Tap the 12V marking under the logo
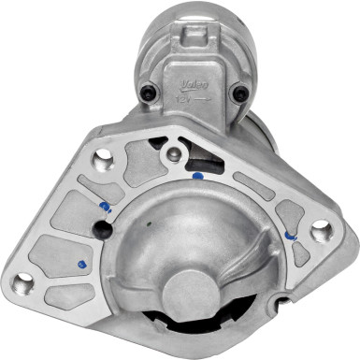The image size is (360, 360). pyautogui.click(x=187, y=96)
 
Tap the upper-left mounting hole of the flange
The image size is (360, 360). pyautogui.click(x=105, y=160)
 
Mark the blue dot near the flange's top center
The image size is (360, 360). pyautogui.click(x=197, y=174)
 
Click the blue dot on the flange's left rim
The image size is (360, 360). pyautogui.click(x=103, y=207)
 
